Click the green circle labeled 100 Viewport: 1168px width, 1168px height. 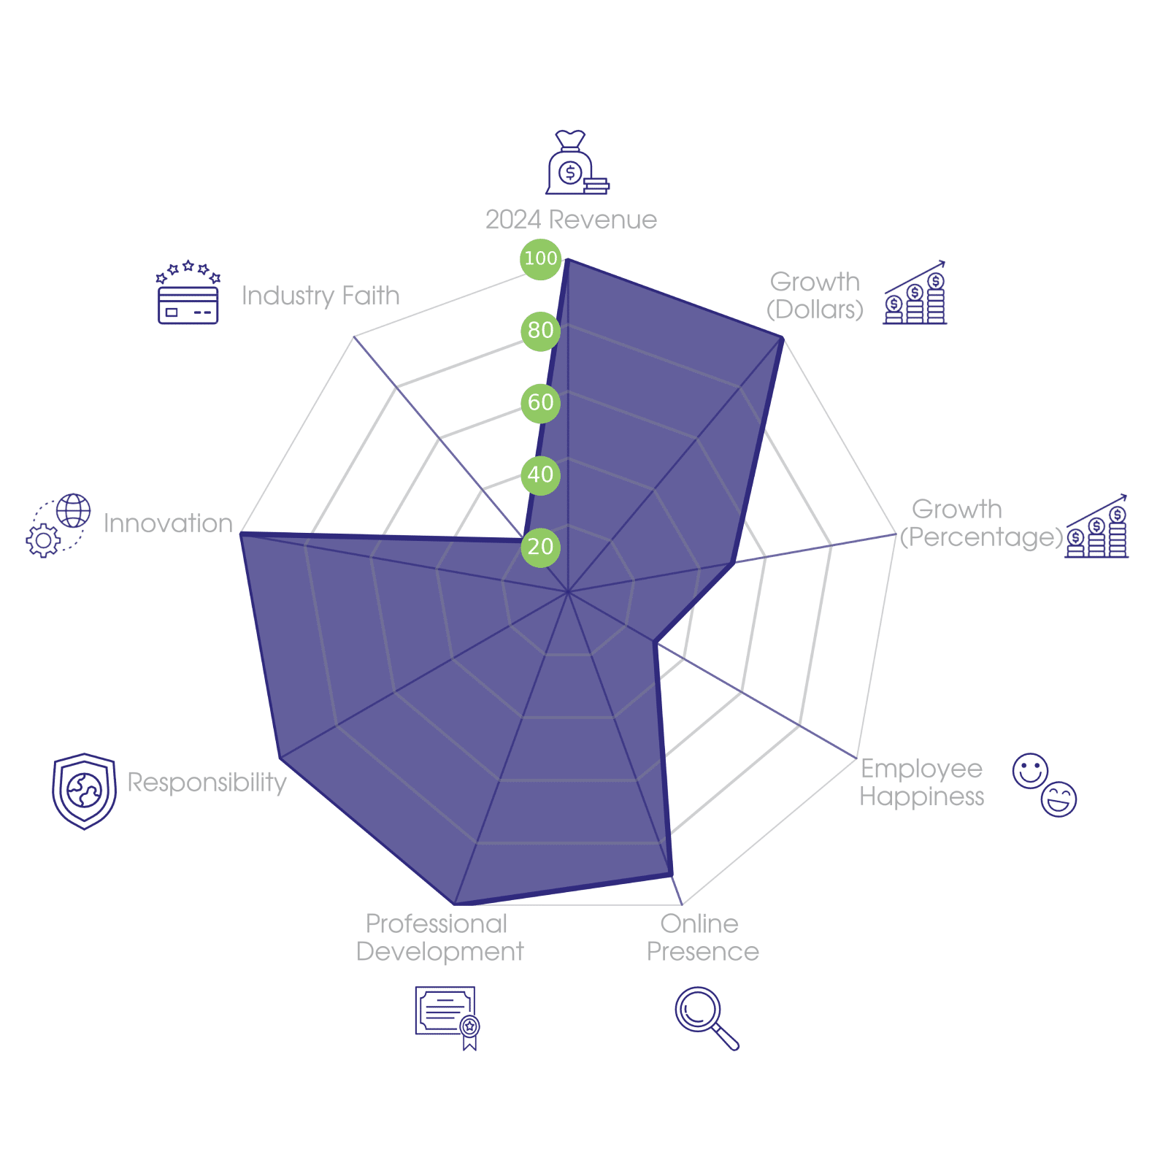coord(540,258)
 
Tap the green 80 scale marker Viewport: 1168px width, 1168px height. coord(540,330)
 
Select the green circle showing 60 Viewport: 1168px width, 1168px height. coord(540,402)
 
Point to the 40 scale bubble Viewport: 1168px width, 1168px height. coord(540,474)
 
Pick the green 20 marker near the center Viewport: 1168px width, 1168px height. coord(540,547)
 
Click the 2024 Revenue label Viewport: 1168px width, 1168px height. coord(571,220)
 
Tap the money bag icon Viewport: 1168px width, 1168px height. coord(575,164)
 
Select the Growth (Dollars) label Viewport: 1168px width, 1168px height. coord(815,296)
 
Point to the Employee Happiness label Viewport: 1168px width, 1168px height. coord(921,782)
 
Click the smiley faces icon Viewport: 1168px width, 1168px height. coord(1045,785)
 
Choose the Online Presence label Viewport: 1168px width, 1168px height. coord(702,937)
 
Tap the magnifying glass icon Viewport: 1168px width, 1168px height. coord(706,1018)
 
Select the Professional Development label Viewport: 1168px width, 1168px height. coord(439,937)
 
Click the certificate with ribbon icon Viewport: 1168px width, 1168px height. coord(447,1017)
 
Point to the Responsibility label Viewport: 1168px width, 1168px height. coord(207,782)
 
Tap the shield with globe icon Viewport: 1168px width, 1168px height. coord(84,791)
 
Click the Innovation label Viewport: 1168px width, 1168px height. coord(168,523)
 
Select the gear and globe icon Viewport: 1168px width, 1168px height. coord(58,525)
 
